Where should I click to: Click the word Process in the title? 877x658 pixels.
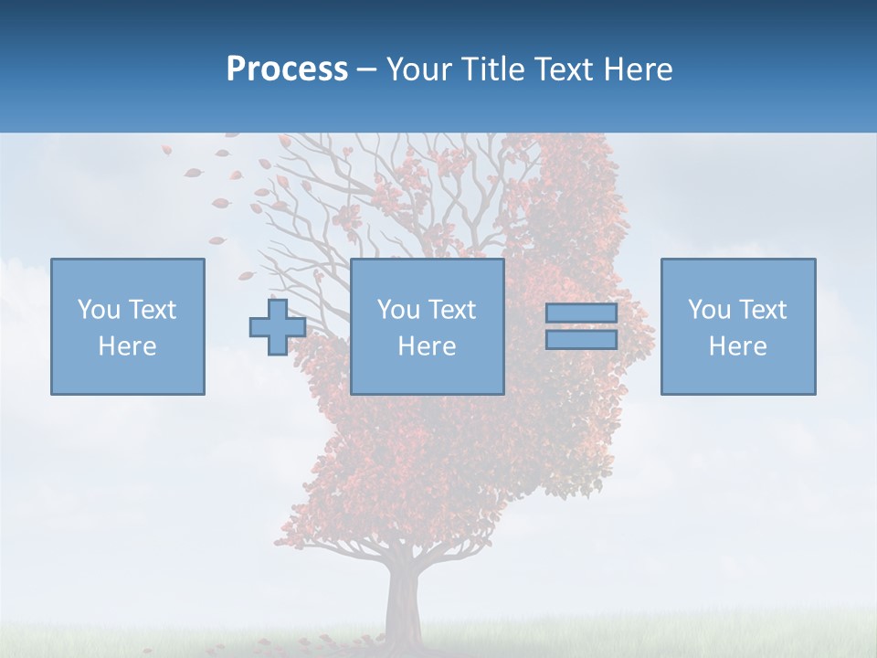click(x=287, y=69)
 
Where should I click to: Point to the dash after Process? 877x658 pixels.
click(x=366, y=70)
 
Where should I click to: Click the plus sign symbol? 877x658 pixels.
click(x=278, y=327)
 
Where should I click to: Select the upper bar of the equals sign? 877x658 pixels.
click(x=581, y=313)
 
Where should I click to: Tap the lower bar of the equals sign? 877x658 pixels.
click(x=581, y=340)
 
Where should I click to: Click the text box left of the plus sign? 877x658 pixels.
click(x=128, y=326)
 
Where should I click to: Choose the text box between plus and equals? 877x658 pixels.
click(x=427, y=326)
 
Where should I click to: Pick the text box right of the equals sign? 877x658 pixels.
click(x=737, y=326)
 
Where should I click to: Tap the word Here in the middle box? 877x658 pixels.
click(x=427, y=346)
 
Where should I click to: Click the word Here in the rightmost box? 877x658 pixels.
click(x=737, y=346)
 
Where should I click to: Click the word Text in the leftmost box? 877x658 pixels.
click(x=152, y=310)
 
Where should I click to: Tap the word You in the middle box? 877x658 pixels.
click(x=398, y=310)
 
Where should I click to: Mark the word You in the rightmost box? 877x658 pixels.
click(x=709, y=310)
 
